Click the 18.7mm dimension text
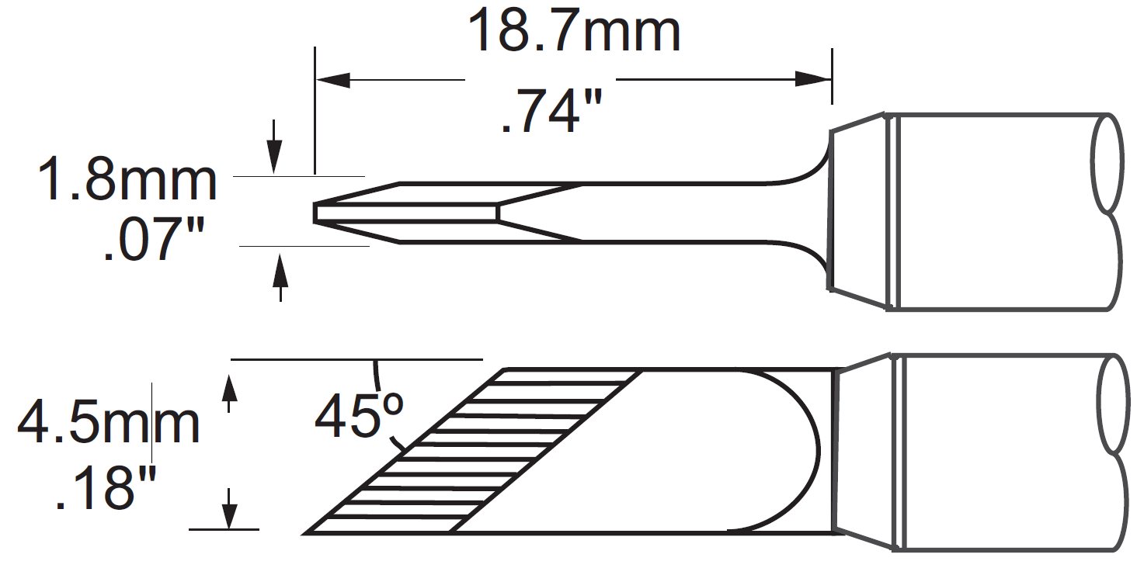[574, 31]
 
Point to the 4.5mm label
[109, 423]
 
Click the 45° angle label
[359, 416]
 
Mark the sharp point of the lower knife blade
[308, 532]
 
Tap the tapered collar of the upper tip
[859, 210]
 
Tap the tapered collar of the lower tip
[862, 452]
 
